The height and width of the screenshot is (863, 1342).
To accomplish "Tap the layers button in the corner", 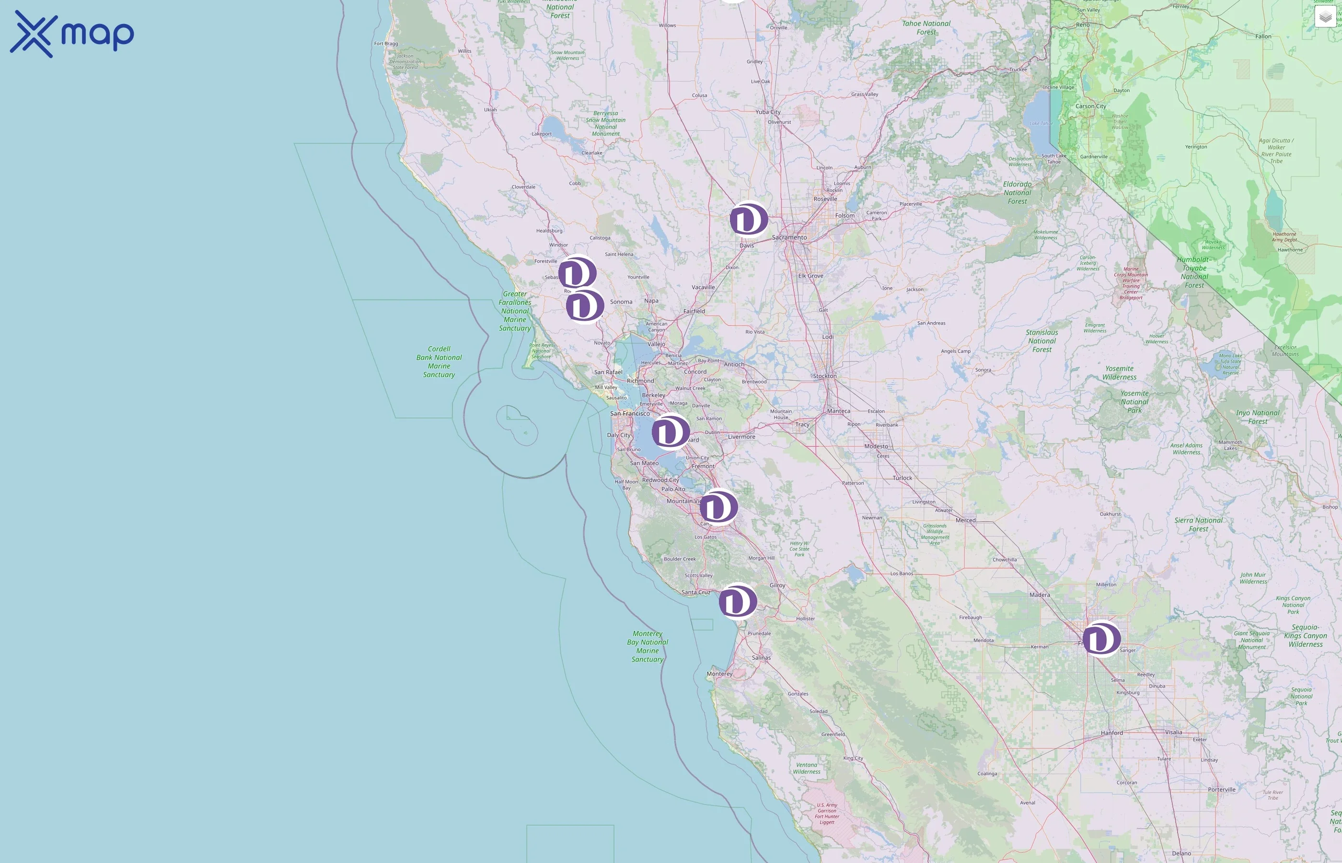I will coord(1325,17).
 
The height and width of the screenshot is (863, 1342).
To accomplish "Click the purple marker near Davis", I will coord(748,219).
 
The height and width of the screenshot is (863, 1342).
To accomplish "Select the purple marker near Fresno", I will coord(1101,638).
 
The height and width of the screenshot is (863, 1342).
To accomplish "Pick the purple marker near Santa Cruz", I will coord(738,601).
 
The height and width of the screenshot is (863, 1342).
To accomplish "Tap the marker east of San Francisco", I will coord(671,431).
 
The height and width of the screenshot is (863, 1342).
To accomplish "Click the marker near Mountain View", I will coord(718,507).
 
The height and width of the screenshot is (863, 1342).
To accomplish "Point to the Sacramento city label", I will coord(789,238).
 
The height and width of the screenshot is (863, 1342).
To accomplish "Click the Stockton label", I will coord(824,376).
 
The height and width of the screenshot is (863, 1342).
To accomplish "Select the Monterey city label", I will coord(719,674).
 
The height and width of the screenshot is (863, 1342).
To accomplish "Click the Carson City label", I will coord(1090,106).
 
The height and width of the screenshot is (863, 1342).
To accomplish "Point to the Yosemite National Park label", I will coord(1134,402).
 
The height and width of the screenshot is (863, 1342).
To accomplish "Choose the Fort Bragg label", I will coord(386,44).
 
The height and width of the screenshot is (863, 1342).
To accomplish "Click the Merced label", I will coord(965,521).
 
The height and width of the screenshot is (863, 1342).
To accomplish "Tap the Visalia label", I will coord(1173,733).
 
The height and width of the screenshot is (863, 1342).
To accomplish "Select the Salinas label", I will coord(761,658).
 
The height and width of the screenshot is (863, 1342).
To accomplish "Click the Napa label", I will coord(651,301).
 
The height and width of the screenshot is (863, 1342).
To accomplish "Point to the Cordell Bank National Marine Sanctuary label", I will coord(439,362).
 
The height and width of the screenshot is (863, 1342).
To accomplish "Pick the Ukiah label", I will coord(490,110).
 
